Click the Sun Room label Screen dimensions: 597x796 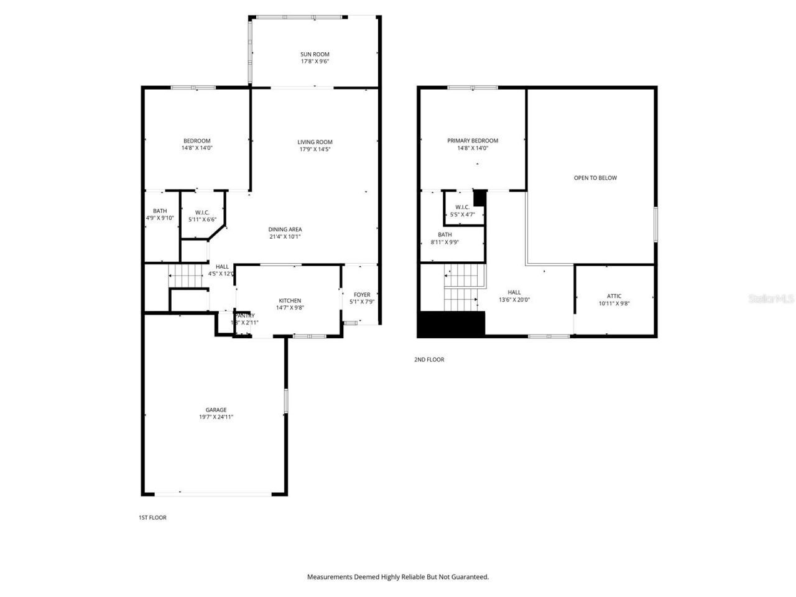[x=315, y=54]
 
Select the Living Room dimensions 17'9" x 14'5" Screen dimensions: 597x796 [x=315, y=149]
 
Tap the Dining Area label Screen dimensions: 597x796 [x=285, y=229]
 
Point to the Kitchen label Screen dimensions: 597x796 [x=290, y=300]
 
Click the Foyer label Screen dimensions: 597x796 [x=362, y=295]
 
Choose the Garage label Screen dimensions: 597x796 [x=216, y=410]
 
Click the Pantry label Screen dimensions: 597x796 [x=244, y=316]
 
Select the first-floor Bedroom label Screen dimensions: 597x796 [x=197, y=141]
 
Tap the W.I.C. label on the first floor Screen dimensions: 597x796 [x=202, y=212]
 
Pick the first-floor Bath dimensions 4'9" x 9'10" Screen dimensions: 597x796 [x=160, y=218]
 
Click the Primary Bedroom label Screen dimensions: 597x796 [x=473, y=141]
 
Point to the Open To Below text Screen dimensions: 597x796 [x=595, y=178]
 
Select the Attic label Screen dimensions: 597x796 [x=614, y=296]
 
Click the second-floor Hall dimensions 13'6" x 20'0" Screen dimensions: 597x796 [x=514, y=300]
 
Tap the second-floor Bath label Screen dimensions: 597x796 [x=445, y=234]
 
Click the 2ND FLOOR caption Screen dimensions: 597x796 [x=429, y=359]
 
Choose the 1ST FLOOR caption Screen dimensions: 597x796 [x=152, y=517]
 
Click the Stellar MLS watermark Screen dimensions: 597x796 [x=771, y=298]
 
